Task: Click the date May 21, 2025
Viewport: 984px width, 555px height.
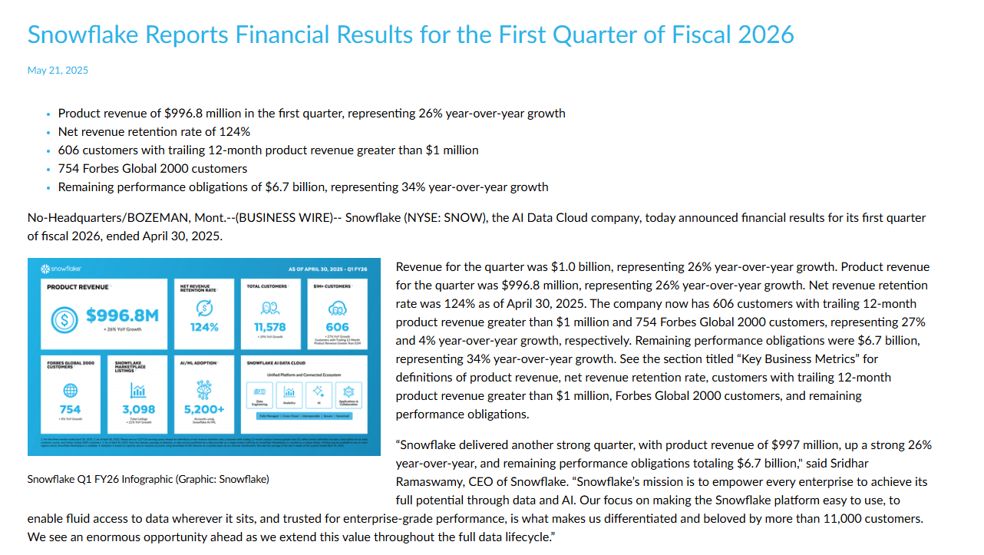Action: (58, 71)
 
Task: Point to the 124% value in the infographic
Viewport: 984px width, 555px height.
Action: (204, 327)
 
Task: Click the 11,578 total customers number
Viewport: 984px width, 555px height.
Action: (269, 327)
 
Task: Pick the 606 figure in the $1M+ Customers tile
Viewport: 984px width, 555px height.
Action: (338, 327)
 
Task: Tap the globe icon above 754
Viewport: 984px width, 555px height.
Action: (70, 390)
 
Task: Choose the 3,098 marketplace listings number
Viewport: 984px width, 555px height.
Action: (138, 409)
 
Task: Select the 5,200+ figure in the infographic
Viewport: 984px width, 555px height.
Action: (204, 409)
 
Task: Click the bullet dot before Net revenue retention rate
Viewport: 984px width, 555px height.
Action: (50, 133)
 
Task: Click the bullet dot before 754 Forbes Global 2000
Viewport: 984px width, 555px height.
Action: (50, 170)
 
